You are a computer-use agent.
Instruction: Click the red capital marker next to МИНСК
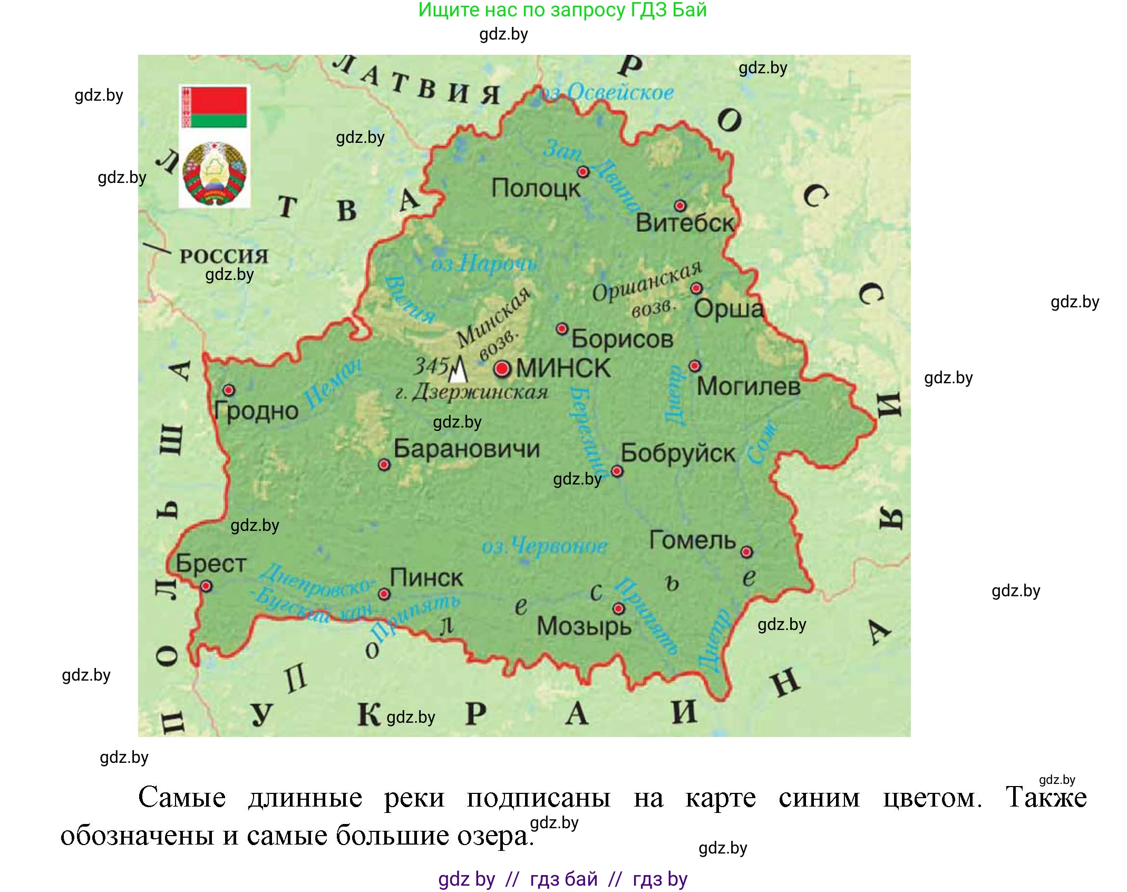tap(502, 369)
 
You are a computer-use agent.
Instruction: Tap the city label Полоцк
tap(535, 188)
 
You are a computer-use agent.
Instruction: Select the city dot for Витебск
tap(680, 206)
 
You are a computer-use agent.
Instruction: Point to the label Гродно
tap(256, 411)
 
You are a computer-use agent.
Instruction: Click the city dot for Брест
tap(206, 586)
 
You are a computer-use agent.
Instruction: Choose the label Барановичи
tap(467, 449)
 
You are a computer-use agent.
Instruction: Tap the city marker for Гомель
tap(746, 552)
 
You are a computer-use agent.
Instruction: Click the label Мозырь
tap(584, 626)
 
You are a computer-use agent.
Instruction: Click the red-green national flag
tap(214, 108)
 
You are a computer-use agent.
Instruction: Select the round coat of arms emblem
tap(214, 173)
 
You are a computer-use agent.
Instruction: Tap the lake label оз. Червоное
tap(544, 546)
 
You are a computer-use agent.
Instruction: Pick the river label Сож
tap(762, 443)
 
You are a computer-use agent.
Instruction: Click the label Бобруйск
tap(677, 453)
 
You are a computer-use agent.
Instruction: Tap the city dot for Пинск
tap(384, 594)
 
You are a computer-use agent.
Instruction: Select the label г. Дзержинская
tap(472, 392)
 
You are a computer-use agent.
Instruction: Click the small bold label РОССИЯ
tap(224, 257)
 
